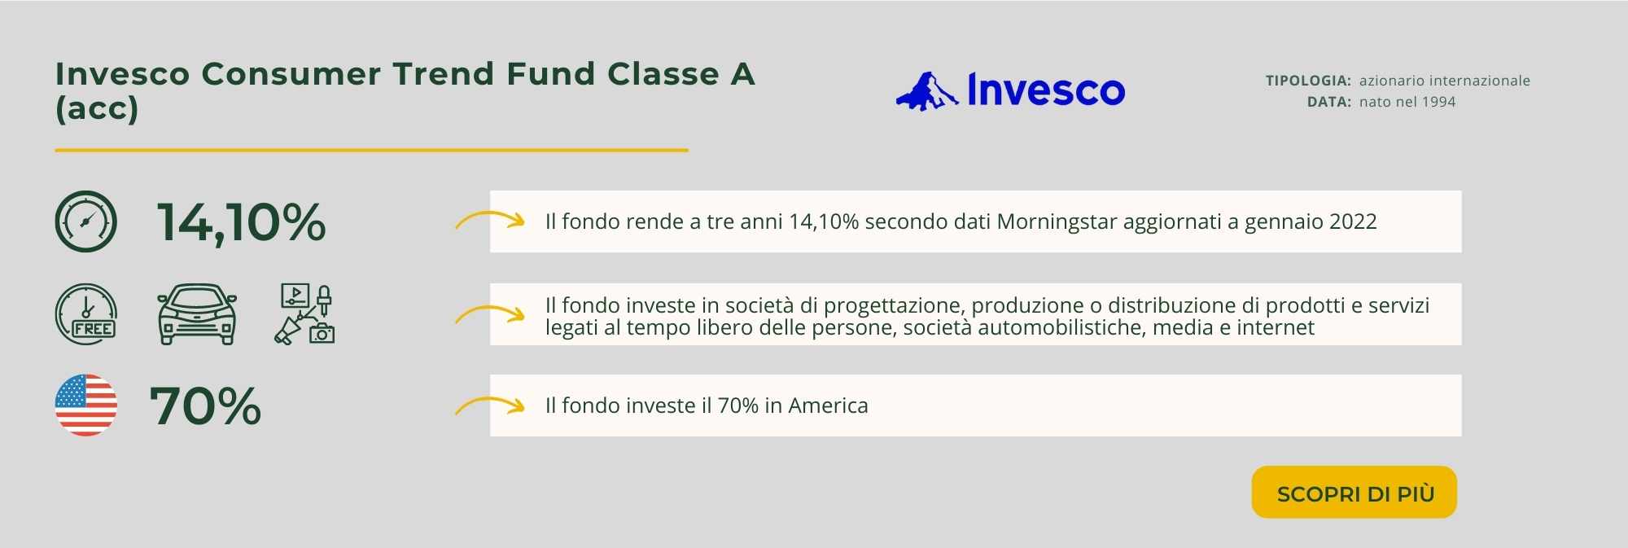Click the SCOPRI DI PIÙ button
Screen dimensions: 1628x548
[x=1354, y=492]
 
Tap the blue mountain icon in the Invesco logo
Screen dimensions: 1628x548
[x=927, y=91]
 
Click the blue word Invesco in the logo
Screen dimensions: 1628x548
[x=1046, y=90]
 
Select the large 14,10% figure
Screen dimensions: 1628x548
[x=241, y=221]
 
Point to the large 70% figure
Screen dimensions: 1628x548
[x=205, y=406]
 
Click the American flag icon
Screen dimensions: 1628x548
[x=85, y=406]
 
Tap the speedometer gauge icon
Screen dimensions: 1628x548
[x=85, y=221]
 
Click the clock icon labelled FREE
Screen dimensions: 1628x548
[x=85, y=314]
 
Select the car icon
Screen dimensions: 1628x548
[x=197, y=314]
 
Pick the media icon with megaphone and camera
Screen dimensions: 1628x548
[x=304, y=314]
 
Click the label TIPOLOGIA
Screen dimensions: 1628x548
[x=1308, y=81]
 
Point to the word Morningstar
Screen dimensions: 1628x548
[x=1057, y=221]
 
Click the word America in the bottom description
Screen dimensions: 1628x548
[x=828, y=406]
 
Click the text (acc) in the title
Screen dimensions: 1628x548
[x=97, y=109]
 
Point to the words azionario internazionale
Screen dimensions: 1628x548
[x=1445, y=81]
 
